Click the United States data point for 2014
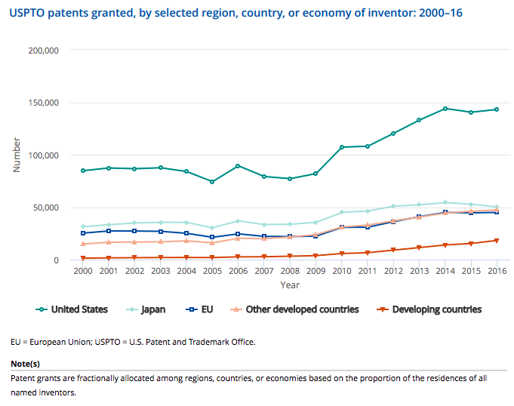pos(445,109)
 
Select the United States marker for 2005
pos(212,182)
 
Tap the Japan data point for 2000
pos(83,226)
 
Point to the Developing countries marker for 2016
pos(497,241)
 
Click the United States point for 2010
pos(342,147)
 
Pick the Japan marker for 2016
pos(497,207)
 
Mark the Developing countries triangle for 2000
pos(83,258)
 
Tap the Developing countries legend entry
pos(427,309)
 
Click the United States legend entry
pos(73,309)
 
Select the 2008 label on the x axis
pos(290,272)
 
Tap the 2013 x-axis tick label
pos(419,272)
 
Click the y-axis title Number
pos(17,155)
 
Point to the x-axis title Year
pos(290,285)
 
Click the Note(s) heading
pos(26,363)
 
